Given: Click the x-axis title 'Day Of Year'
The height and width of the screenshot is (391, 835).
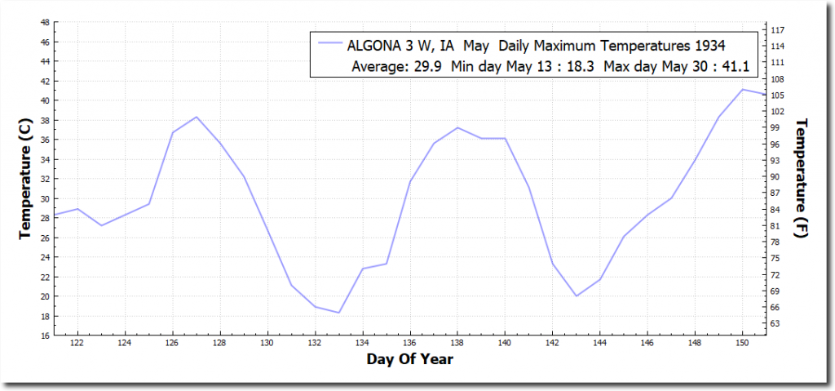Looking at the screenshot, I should click(410, 359).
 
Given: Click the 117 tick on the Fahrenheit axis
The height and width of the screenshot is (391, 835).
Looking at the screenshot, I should click(777, 30).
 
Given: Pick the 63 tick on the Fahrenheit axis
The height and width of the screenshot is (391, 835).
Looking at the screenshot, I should click(777, 324).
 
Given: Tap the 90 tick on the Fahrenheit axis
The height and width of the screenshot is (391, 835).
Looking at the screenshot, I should click(777, 177).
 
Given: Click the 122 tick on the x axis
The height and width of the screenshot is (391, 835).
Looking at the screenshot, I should click(77, 344).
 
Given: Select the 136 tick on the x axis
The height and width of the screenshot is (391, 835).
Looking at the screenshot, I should click(410, 344).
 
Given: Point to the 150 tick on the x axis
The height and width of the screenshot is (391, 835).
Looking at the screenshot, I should click(743, 344).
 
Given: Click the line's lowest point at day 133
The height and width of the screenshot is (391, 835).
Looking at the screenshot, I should click(339, 313).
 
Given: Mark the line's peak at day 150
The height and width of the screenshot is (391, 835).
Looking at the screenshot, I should click(743, 89).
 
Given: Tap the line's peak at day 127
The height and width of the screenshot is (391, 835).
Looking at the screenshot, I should click(197, 117).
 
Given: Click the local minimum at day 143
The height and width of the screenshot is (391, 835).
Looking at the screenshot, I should click(577, 295).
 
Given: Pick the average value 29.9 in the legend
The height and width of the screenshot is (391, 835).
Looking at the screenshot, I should click(429, 67).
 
